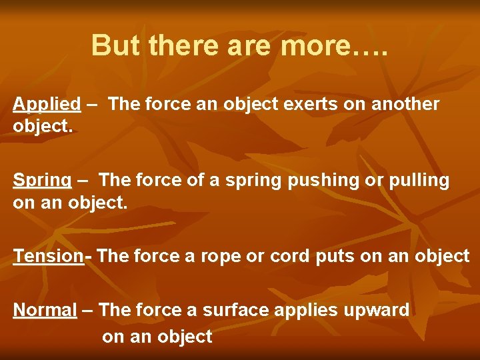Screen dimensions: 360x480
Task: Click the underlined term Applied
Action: pos(47,104)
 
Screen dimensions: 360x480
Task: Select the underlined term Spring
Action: pos(42,181)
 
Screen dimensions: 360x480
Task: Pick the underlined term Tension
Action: pos(48,256)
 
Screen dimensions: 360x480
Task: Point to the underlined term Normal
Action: pos(45,310)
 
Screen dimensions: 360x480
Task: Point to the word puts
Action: pos(338,256)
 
